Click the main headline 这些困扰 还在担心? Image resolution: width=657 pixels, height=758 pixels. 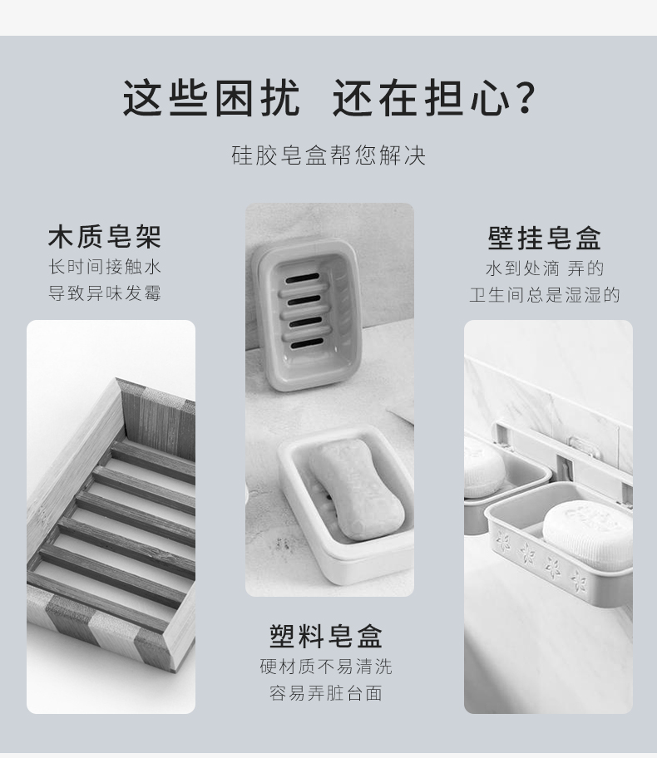point(329,98)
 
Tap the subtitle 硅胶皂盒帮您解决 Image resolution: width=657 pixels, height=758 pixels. point(328,155)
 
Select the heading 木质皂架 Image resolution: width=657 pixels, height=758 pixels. point(105,236)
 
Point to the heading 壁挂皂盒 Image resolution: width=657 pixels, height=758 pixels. point(544,238)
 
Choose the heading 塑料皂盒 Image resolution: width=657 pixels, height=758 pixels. point(326,636)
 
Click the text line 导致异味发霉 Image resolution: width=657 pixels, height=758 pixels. point(105,293)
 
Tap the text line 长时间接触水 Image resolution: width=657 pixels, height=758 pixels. point(105,266)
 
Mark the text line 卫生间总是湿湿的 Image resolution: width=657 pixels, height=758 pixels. point(544,294)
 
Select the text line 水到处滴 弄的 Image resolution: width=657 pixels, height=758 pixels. point(545,268)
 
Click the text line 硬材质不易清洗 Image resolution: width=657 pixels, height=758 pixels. point(326,666)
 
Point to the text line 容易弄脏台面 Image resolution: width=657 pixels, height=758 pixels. point(326,692)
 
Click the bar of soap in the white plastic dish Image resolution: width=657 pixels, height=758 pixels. point(356,489)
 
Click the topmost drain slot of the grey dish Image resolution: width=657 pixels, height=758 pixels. point(303,279)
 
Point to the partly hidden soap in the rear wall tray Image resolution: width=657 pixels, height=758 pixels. point(484,469)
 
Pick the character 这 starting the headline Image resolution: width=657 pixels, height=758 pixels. point(141,98)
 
